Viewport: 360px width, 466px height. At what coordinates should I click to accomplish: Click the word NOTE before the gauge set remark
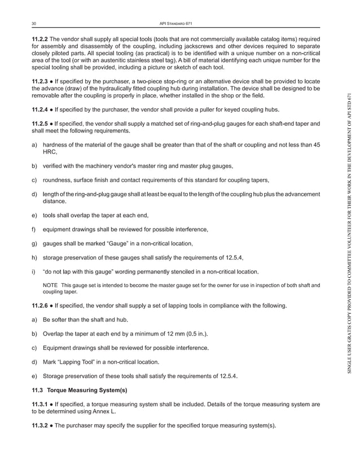point(50,285)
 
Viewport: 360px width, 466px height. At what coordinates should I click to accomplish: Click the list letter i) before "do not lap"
point(34,271)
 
